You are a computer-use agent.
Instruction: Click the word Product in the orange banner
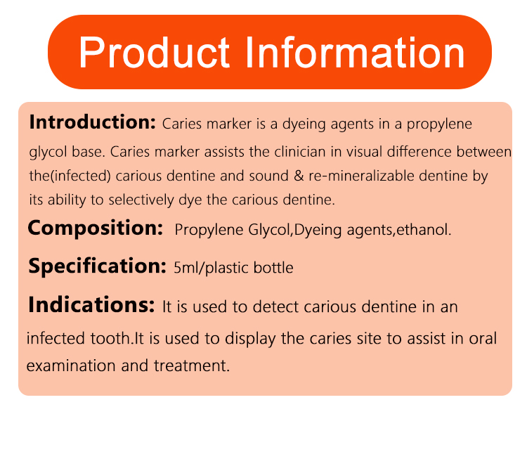tap(155, 53)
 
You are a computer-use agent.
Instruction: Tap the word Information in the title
tap(355, 52)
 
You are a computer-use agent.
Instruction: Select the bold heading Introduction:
tap(93, 122)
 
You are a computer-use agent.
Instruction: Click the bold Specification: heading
tap(97, 266)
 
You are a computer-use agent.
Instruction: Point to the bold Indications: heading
tap(91, 304)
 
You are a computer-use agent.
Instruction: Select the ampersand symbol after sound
tap(299, 176)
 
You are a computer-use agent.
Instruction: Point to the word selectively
tap(141, 200)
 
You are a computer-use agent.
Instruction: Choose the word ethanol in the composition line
tap(422, 230)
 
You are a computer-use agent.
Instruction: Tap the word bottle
tap(273, 268)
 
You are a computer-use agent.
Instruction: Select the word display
tap(250, 339)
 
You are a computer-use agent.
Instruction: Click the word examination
tap(71, 366)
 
